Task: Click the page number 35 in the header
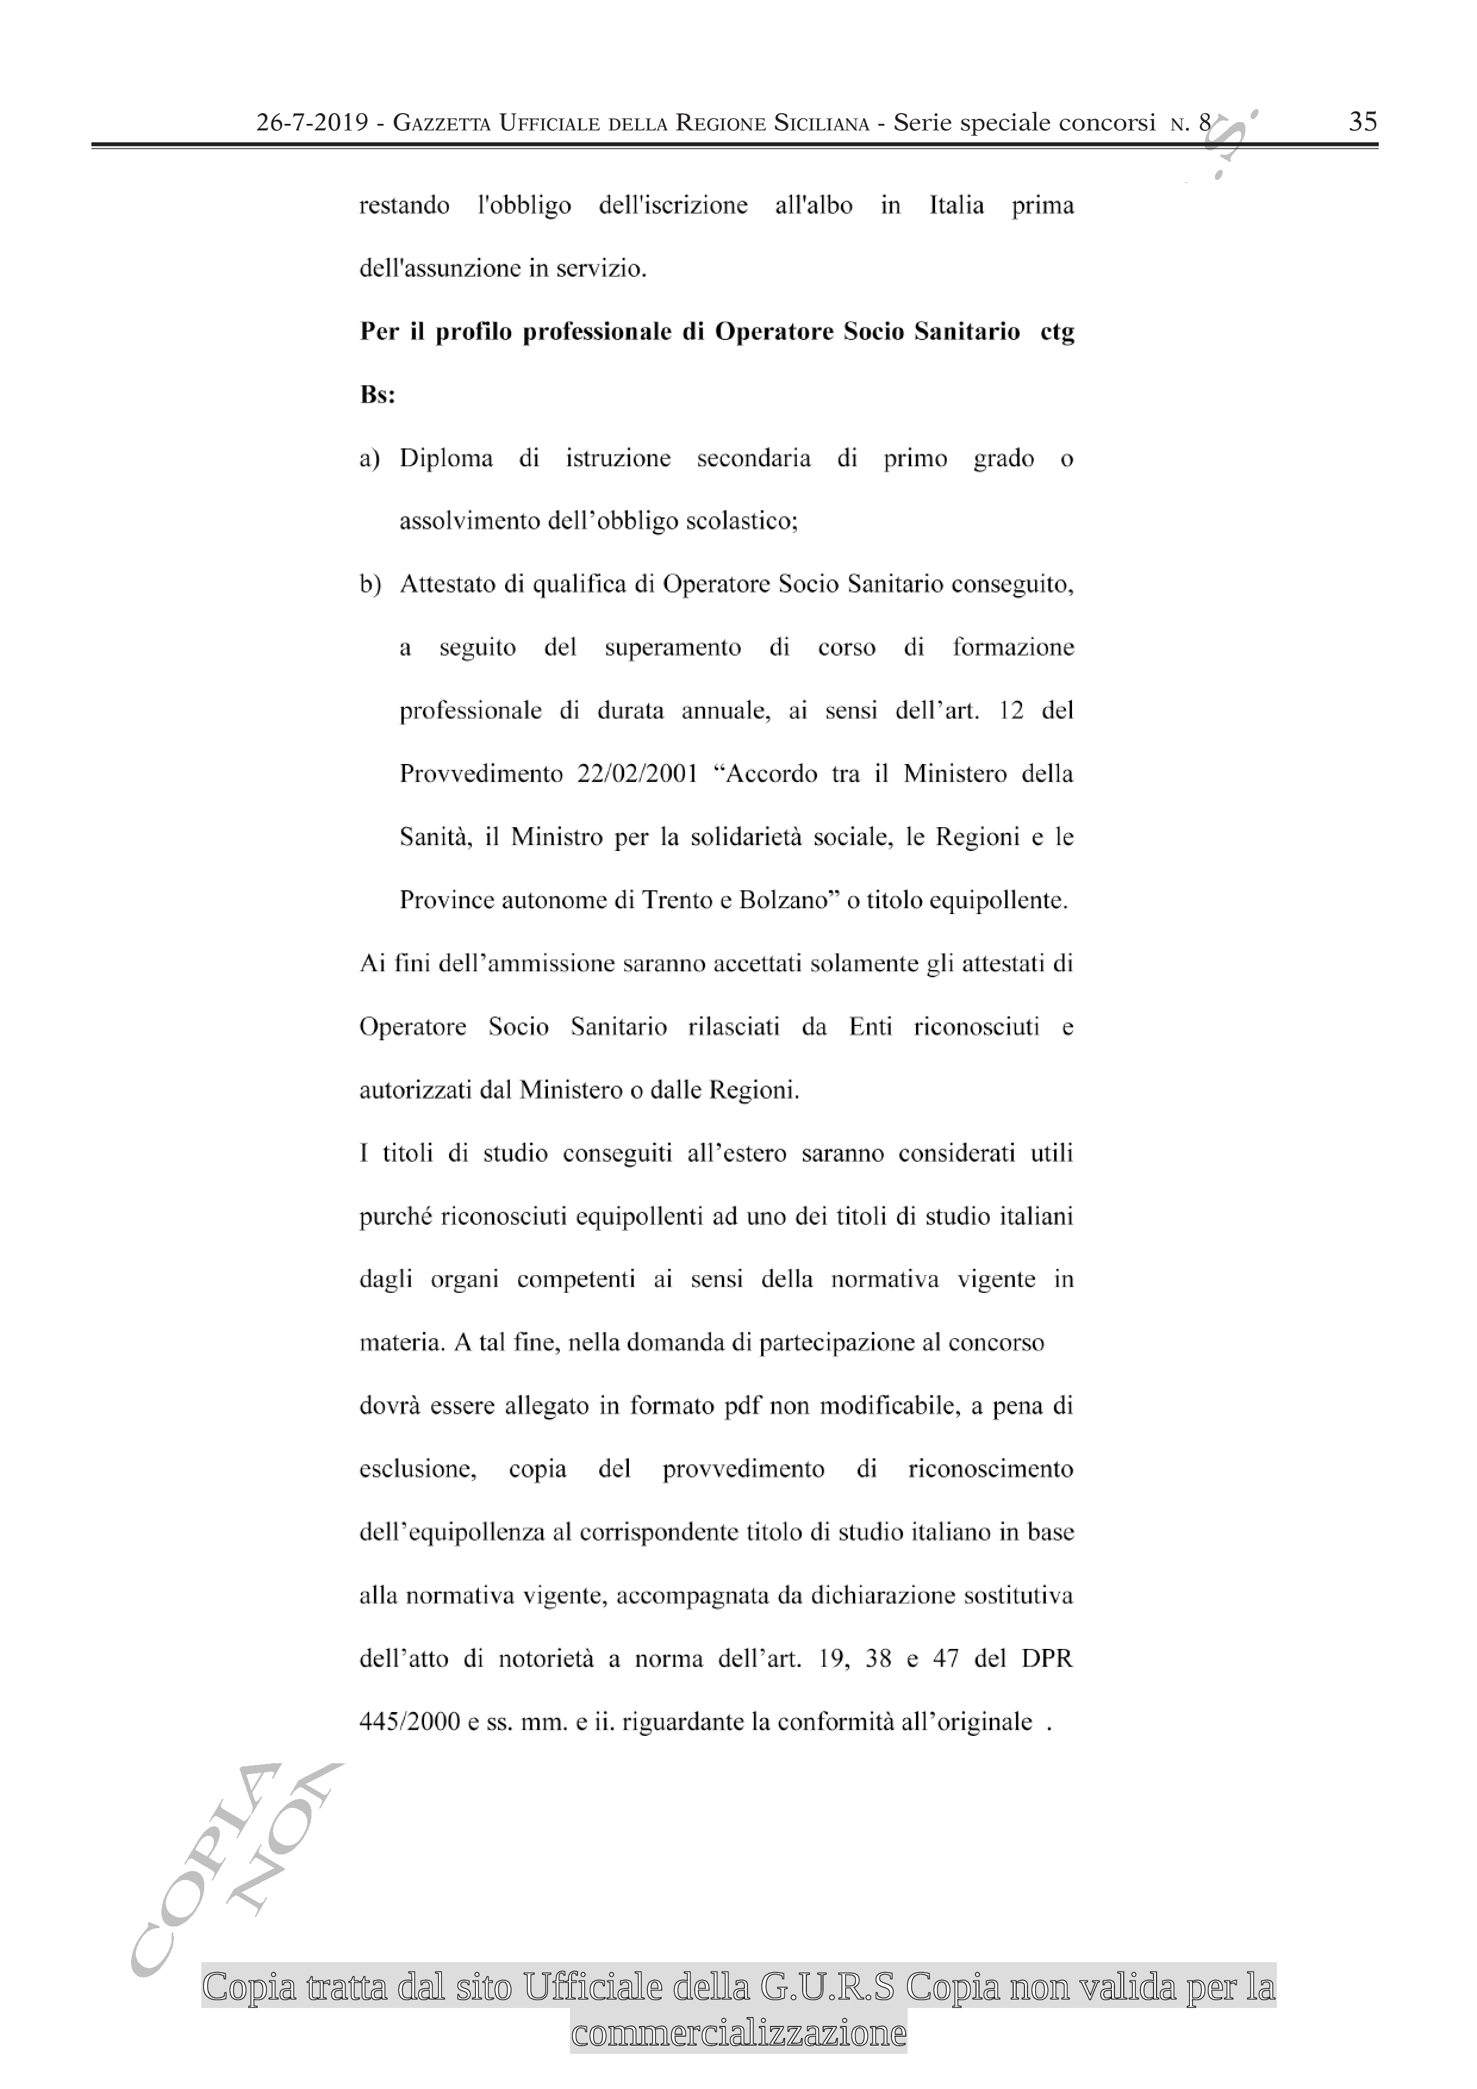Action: (x=1362, y=122)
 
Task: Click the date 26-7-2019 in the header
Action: (x=312, y=123)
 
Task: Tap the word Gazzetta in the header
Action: (x=443, y=123)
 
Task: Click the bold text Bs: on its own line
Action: (x=377, y=396)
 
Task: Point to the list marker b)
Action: (x=369, y=585)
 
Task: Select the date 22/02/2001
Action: (x=637, y=774)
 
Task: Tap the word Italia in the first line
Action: (x=955, y=205)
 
